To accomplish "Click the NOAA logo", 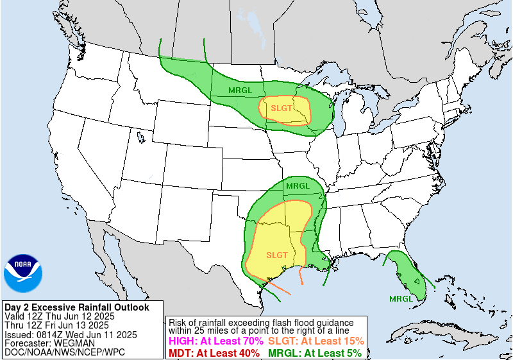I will coord(22,273).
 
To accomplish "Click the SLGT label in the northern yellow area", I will coord(282,108).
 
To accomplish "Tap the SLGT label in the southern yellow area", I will coord(276,255).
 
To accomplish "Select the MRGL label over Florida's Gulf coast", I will coord(401,298).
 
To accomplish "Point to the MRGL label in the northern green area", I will coord(240,90).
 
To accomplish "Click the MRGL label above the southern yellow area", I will coord(298,186).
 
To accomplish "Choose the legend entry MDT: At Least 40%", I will coord(214,352).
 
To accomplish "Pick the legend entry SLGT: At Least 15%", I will coord(315,341).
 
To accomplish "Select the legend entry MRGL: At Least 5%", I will coord(314,352).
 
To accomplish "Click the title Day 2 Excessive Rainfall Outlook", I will coord(76,307).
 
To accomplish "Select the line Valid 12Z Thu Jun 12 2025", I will coord(59,316).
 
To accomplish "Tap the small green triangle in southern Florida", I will coord(417,280).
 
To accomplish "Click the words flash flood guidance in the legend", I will coord(307,322).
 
